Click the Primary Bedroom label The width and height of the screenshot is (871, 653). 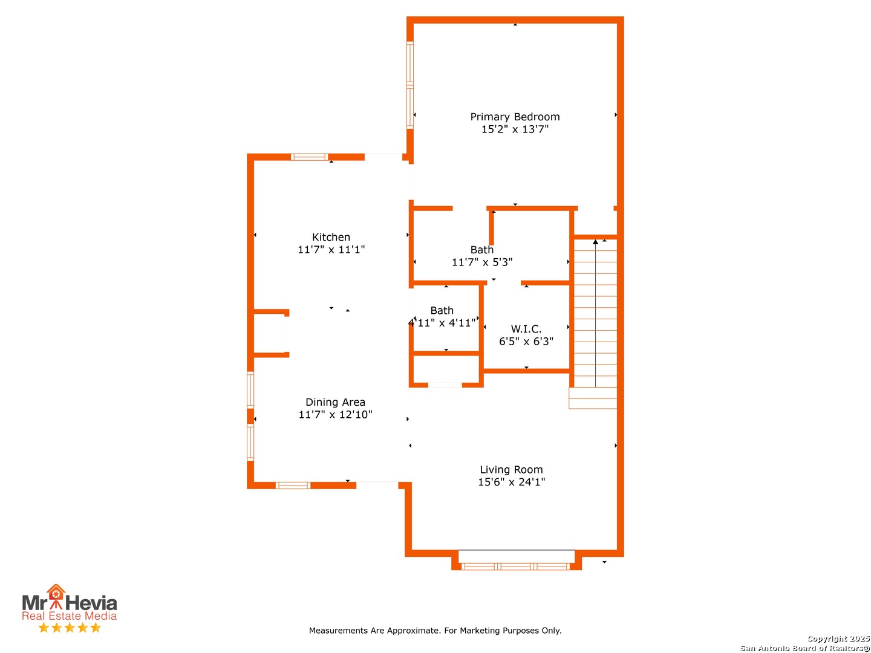(x=515, y=117)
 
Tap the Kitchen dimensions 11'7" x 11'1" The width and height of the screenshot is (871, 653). (x=331, y=249)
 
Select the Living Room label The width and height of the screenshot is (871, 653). (x=511, y=469)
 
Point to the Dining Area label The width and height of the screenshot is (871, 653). (x=335, y=402)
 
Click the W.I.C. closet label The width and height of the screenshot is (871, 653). (x=526, y=329)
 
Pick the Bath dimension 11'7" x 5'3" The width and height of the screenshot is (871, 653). (x=481, y=262)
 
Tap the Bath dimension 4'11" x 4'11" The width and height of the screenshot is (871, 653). (x=442, y=323)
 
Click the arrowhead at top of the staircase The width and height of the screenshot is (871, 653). (x=595, y=241)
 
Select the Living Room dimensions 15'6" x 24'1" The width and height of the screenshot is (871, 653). (x=511, y=482)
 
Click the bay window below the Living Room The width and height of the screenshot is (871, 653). (x=515, y=567)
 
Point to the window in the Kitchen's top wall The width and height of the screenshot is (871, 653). (x=309, y=157)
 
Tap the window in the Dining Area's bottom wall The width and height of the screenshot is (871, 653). (x=293, y=486)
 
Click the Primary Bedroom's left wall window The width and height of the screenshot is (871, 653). (x=410, y=85)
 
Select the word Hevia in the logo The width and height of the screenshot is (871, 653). (x=91, y=603)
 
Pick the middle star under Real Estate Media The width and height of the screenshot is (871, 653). (x=70, y=628)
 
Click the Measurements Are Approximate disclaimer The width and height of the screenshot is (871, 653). (x=435, y=631)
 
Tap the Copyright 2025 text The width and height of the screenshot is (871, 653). (x=838, y=638)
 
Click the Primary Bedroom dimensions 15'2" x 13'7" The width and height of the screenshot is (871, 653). (x=515, y=129)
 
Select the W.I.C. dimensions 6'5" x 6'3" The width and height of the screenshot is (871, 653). (x=526, y=342)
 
